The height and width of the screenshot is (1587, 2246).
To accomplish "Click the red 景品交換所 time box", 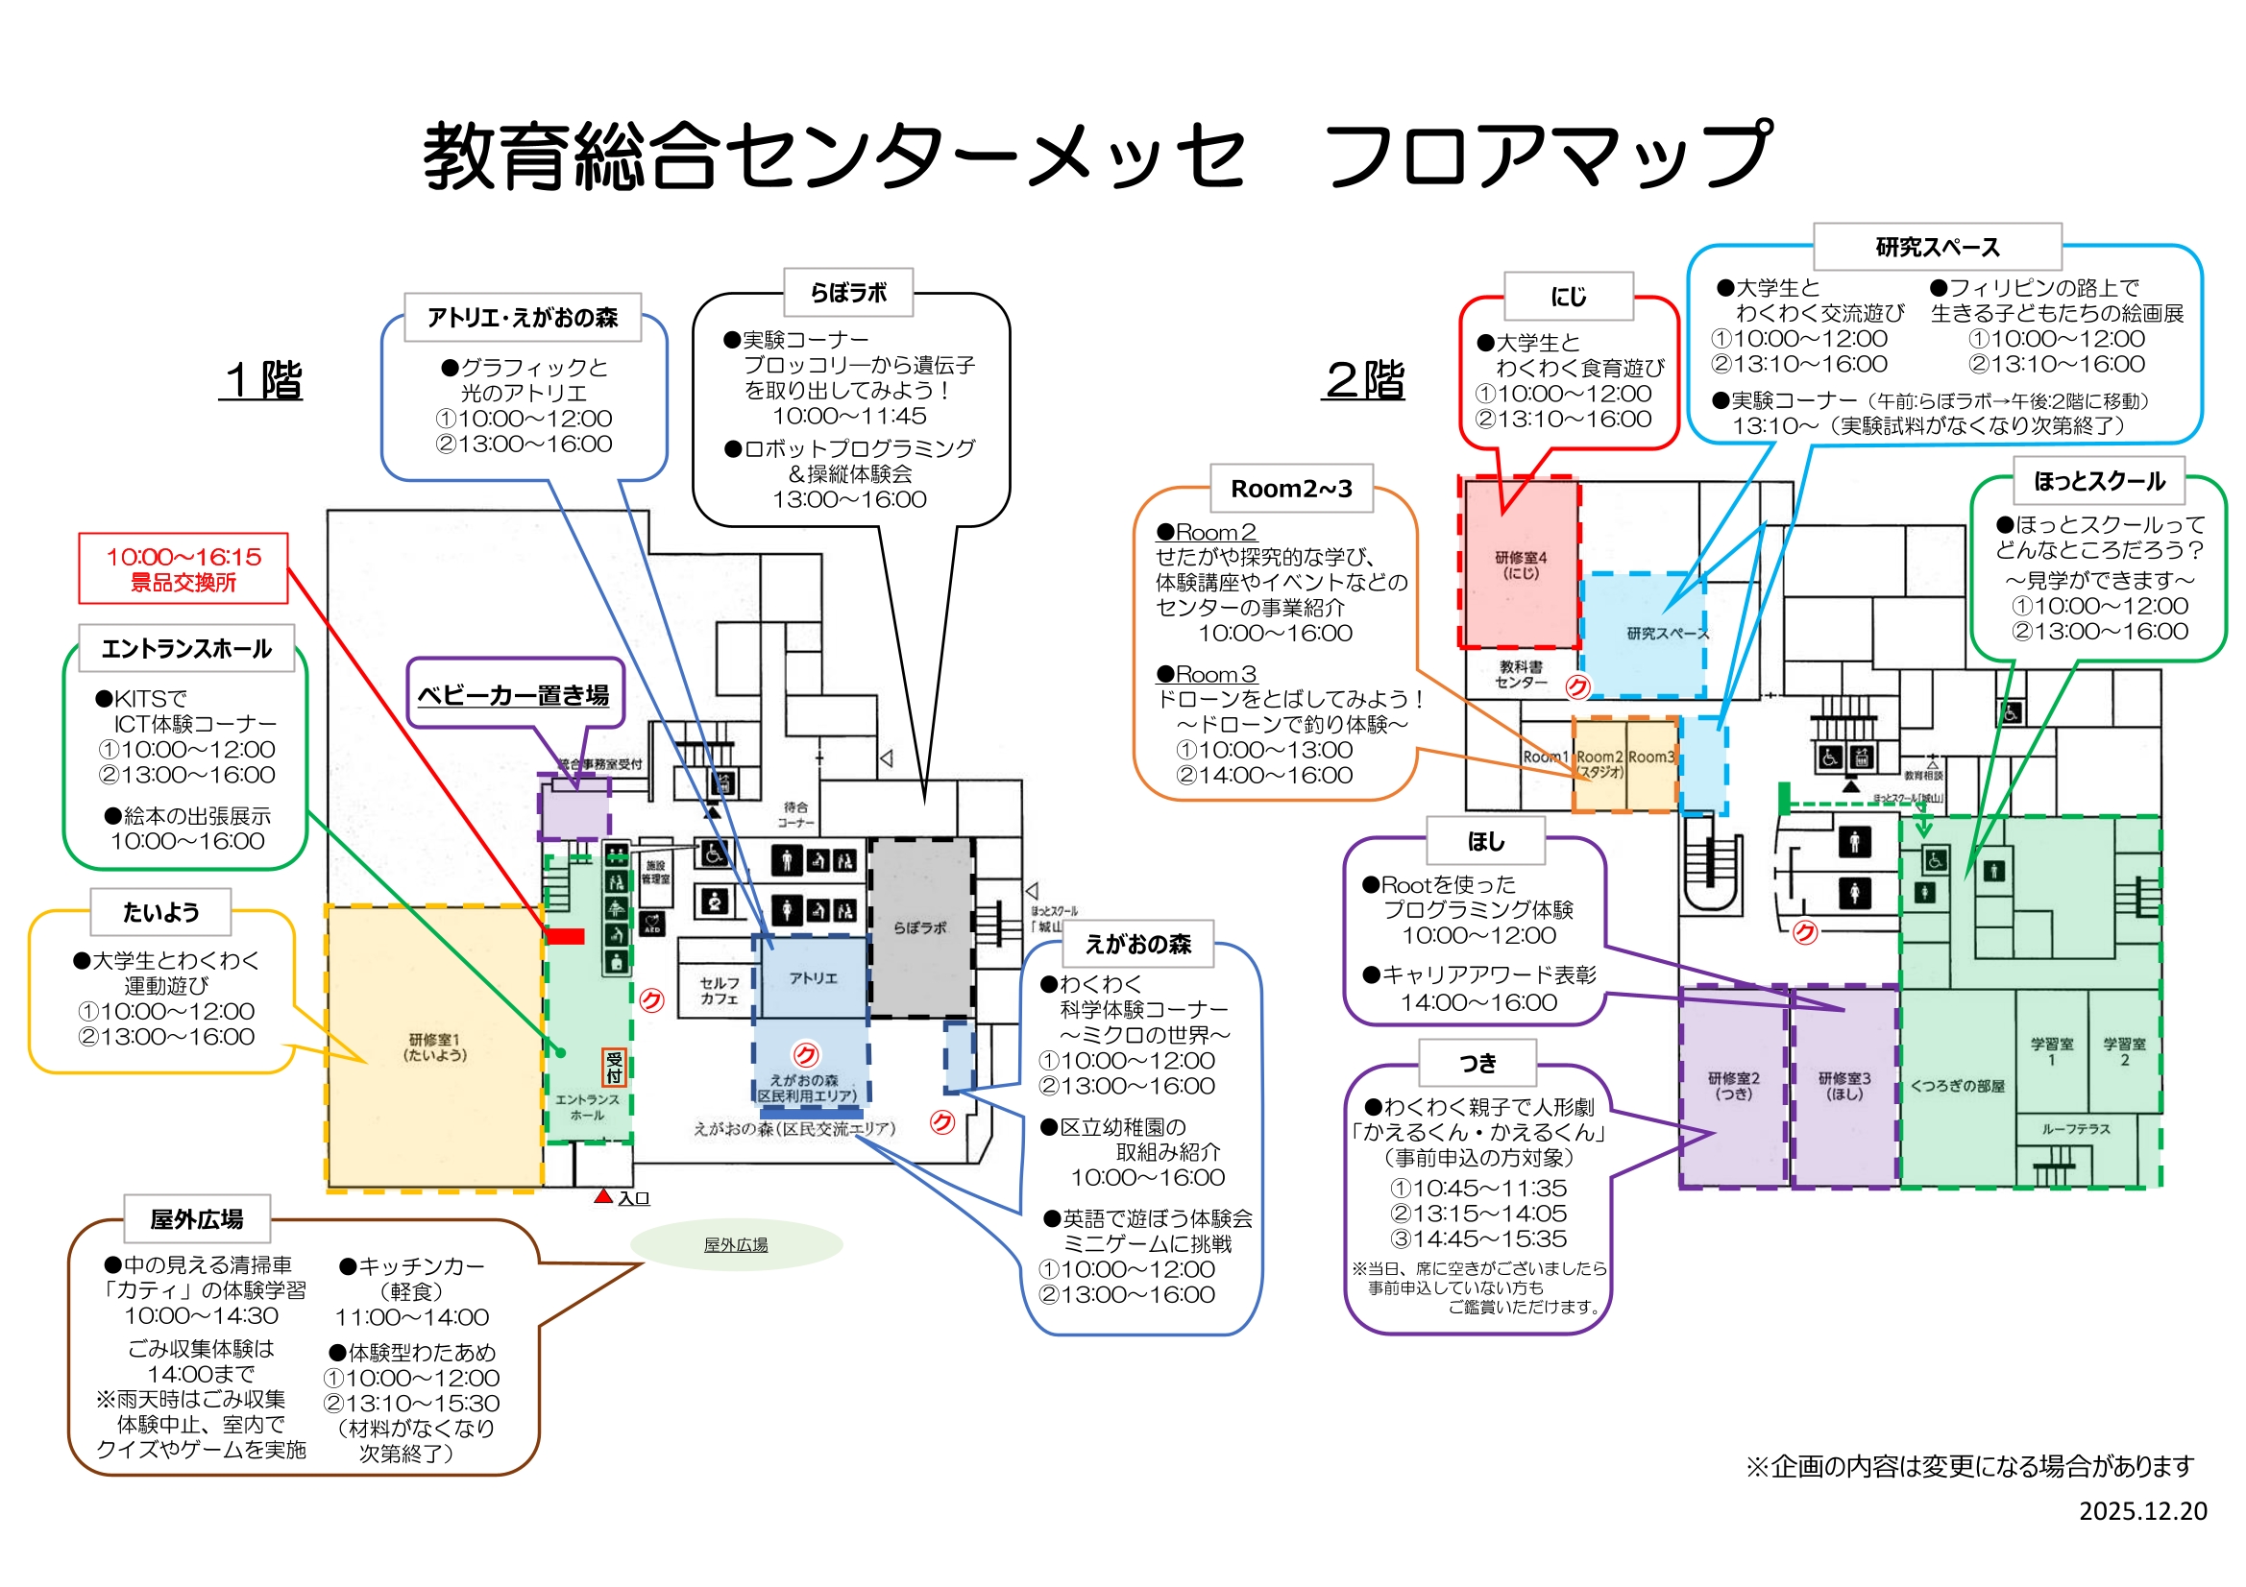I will pyautogui.click(x=183, y=569).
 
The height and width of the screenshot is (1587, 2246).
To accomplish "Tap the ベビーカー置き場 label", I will pyautogui.click(x=514, y=695).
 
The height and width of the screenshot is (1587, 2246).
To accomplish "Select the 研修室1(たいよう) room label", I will pyautogui.click(x=434, y=1047).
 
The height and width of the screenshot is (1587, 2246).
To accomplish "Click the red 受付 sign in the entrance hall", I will pyautogui.click(x=613, y=1067).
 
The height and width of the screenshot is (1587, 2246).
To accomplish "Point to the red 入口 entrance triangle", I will pyautogui.click(x=603, y=1196).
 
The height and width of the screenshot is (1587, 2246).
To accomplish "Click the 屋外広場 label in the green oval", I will pyautogui.click(x=736, y=1245).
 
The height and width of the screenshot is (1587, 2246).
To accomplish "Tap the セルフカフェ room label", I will pyautogui.click(x=719, y=991).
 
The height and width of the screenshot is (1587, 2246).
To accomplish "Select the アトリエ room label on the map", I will pyautogui.click(x=813, y=977).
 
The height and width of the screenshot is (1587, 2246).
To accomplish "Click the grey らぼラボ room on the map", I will pyautogui.click(x=919, y=927).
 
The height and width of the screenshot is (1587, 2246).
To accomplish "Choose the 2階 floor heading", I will pyautogui.click(x=1365, y=379).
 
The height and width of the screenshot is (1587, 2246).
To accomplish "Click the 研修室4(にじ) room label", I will pyautogui.click(x=1520, y=565).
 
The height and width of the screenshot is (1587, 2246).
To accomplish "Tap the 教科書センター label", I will pyautogui.click(x=1520, y=674).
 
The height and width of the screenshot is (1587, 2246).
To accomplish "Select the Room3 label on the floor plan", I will pyautogui.click(x=1651, y=757).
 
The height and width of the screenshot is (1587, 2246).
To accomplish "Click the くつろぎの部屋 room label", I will pyautogui.click(x=1958, y=1086).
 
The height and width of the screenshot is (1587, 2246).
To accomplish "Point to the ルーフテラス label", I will pyautogui.click(x=2075, y=1129).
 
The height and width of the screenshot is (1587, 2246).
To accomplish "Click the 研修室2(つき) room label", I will pyautogui.click(x=1733, y=1086).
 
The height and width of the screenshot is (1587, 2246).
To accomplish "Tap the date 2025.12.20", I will pyautogui.click(x=2142, y=1511).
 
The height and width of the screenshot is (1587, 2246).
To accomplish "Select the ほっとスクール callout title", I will pyautogui.click(x=2099, y=481).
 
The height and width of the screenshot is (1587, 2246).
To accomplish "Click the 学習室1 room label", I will pyautogui.click(x=2051, y=1051).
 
